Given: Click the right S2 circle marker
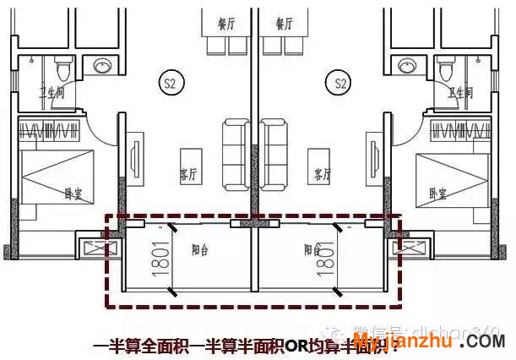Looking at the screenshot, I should (x=341, y=83).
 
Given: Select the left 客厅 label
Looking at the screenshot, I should (x=187, y=175).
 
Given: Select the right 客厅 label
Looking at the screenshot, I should (x=323, y=175).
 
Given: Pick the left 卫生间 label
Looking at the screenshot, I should (x=51, y=93).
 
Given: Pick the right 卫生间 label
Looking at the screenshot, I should (x=460, y=93).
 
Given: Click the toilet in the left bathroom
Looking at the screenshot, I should (x=63, y=67).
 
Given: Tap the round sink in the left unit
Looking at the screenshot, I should (x=104, y=65).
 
